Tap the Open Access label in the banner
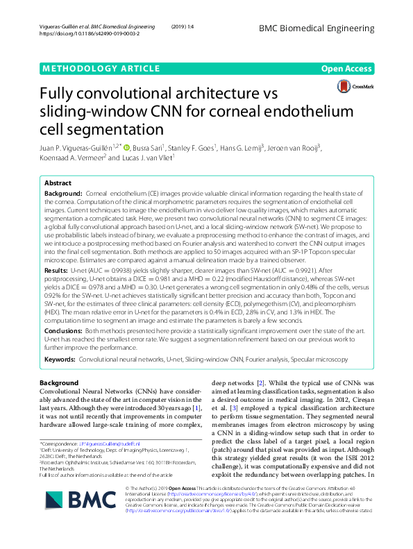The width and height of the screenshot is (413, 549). pos(347,69)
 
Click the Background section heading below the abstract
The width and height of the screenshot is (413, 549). pos(59,383)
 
